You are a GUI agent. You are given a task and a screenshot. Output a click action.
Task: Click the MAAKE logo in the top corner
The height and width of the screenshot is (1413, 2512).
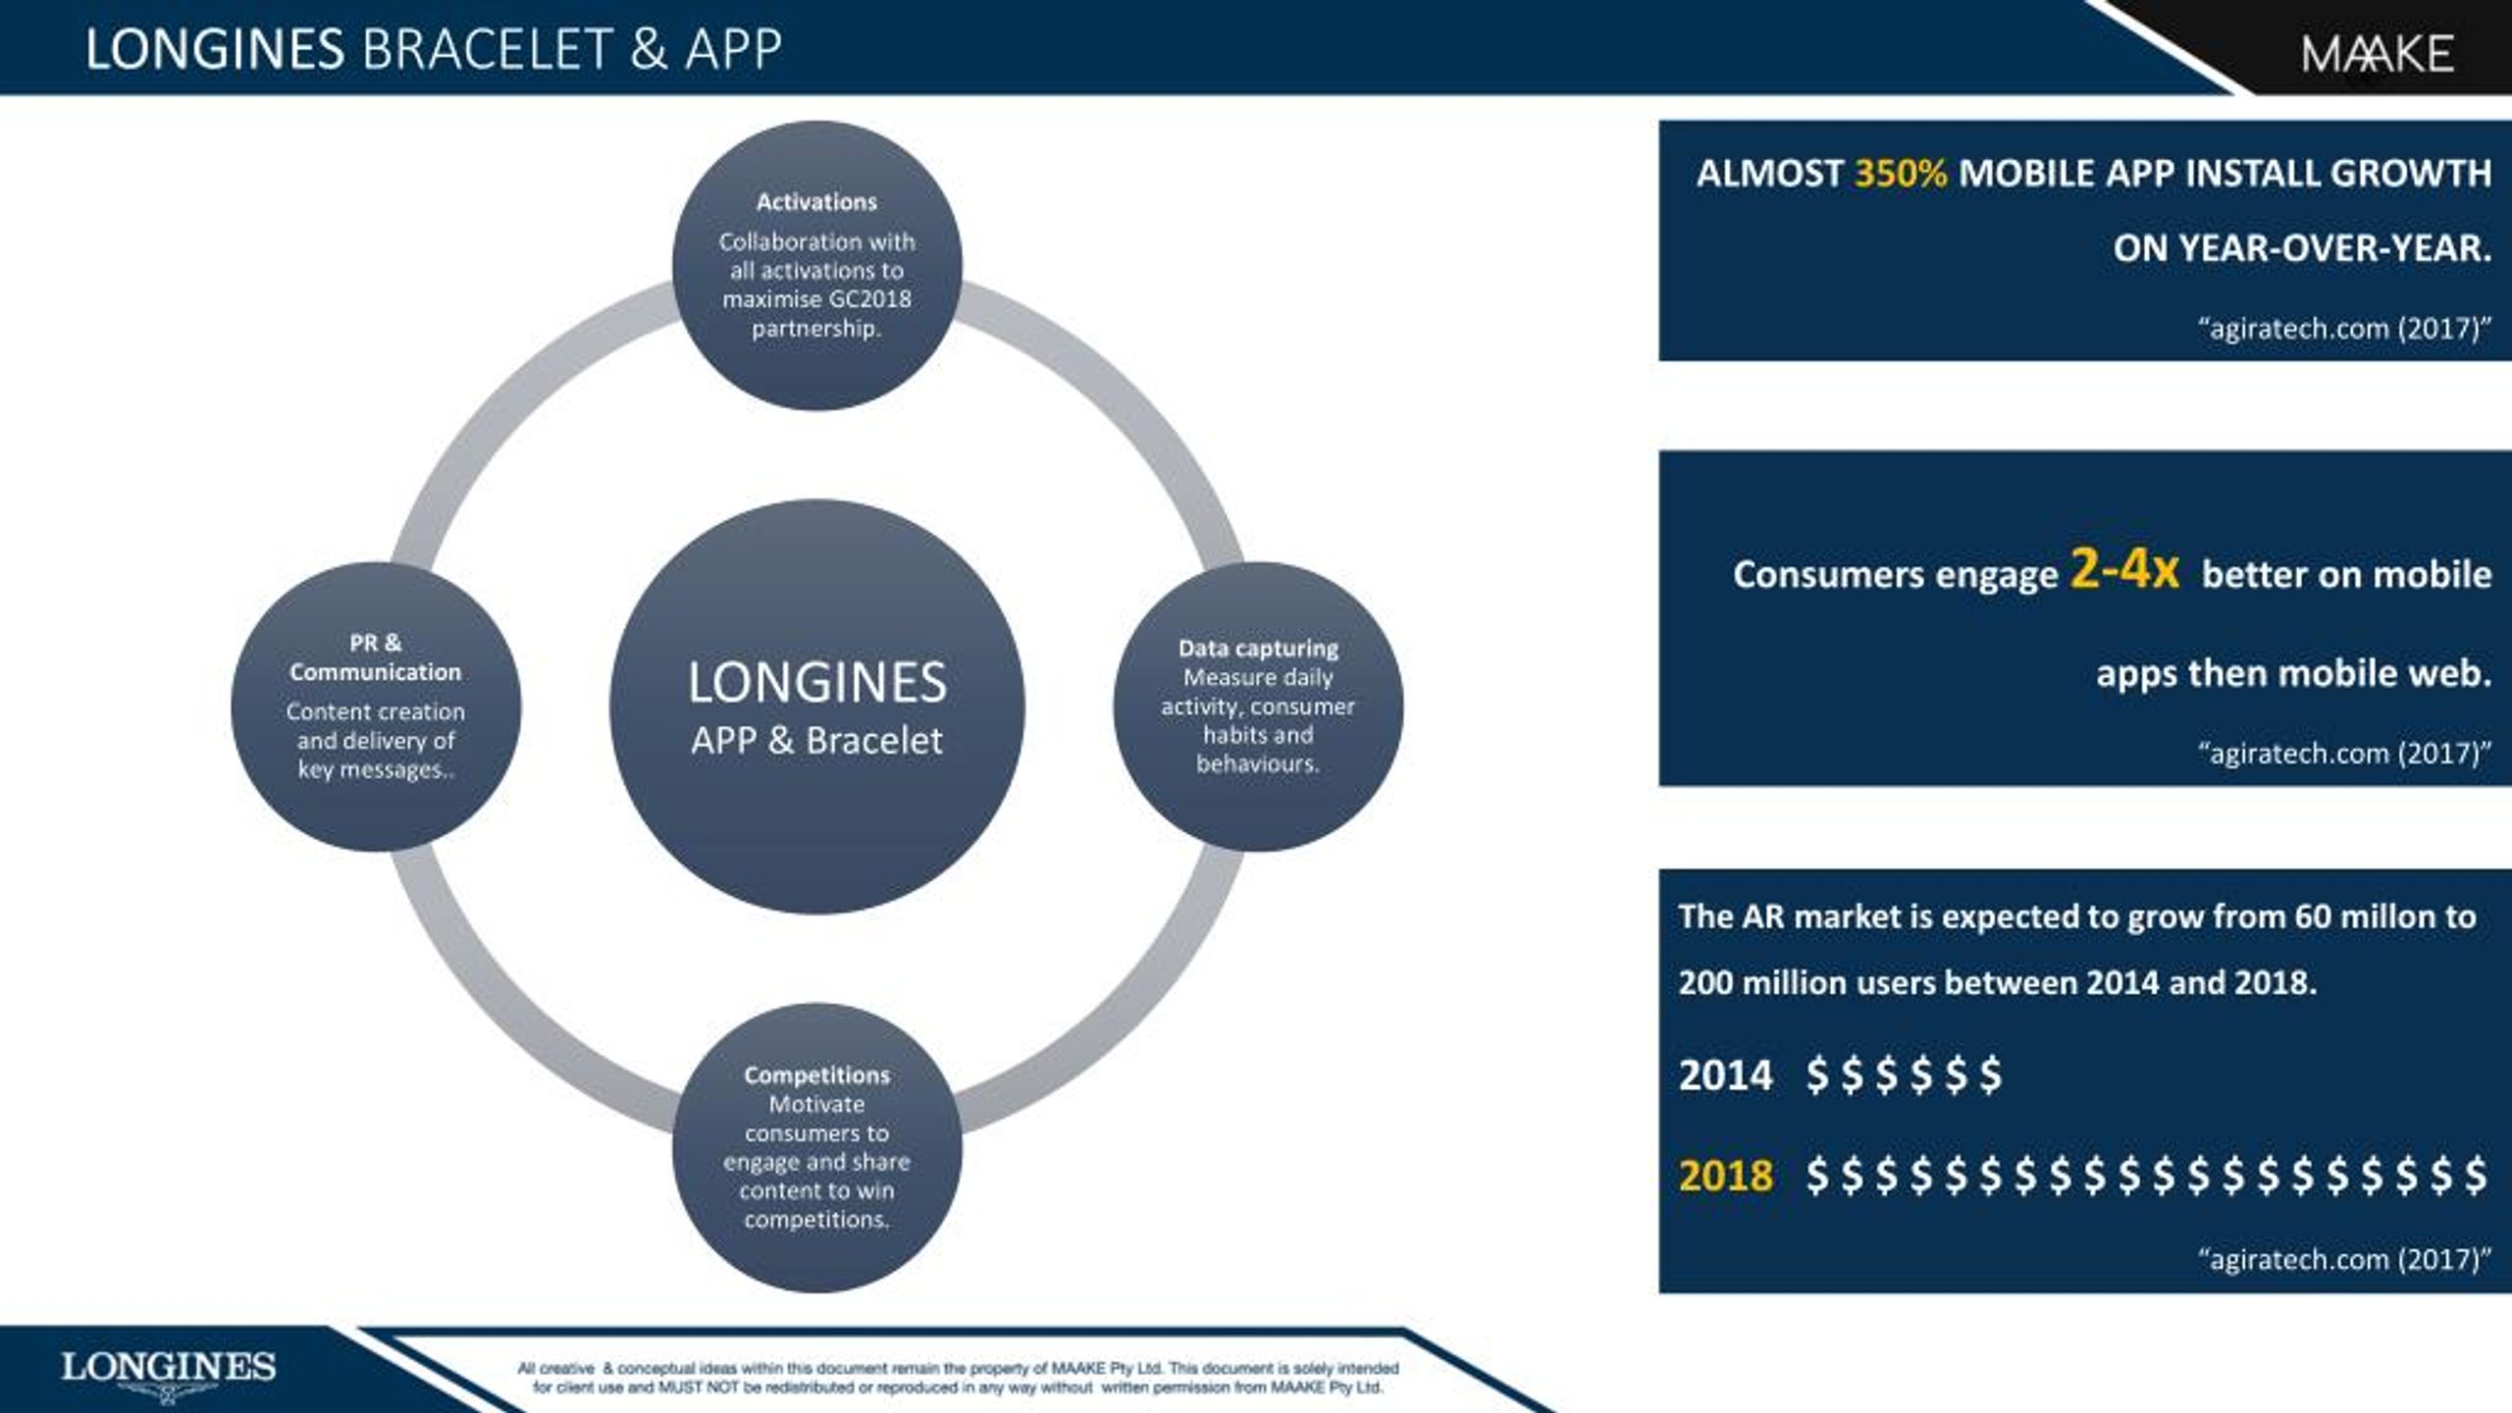click(2377, 54)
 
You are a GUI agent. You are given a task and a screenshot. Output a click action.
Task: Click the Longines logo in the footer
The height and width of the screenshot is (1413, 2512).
click(169, 1374)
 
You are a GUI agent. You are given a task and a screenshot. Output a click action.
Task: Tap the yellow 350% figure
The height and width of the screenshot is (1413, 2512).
click(1901, 174)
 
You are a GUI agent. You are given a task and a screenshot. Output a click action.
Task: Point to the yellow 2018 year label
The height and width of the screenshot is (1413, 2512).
click(1726, 1176)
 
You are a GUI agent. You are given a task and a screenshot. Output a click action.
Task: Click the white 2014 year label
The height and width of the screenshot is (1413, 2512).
click(1726, 1075)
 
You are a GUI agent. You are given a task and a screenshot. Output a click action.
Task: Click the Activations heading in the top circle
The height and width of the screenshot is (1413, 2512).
click(816, 202)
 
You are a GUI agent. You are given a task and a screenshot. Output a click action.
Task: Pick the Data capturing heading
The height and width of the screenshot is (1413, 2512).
click(1258, 649)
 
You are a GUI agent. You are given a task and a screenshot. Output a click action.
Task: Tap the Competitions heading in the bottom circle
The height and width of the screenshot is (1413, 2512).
click(816, 1075)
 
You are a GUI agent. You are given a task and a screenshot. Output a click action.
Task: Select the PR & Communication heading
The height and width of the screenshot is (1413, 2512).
click(375, 657)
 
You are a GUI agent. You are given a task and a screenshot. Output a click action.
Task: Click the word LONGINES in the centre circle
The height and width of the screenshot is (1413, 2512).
click(816, 683)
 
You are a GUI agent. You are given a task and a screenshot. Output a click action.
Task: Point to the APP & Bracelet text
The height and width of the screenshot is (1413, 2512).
click(816, 741)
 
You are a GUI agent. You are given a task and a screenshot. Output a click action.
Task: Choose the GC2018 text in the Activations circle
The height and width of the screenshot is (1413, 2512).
click(869, 299)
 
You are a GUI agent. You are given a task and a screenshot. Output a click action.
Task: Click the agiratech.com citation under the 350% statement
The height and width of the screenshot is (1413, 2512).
click(2344, 329)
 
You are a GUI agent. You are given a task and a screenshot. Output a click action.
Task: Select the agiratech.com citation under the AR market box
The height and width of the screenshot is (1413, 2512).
click(2344, 1259)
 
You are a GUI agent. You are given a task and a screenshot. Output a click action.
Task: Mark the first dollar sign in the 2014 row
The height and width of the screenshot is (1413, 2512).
click(1817, 1075)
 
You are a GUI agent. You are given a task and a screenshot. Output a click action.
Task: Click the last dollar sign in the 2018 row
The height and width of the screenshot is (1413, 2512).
click(2476, 1176)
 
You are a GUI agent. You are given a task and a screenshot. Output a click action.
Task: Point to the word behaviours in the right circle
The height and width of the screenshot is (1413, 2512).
click(1258, 764)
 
